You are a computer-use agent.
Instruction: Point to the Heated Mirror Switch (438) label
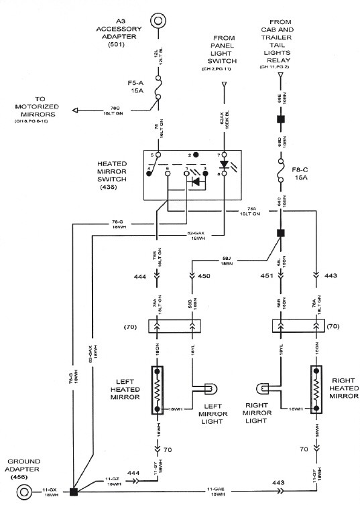tap(118, 175)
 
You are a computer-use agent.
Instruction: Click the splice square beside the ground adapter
tap(73, 492)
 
